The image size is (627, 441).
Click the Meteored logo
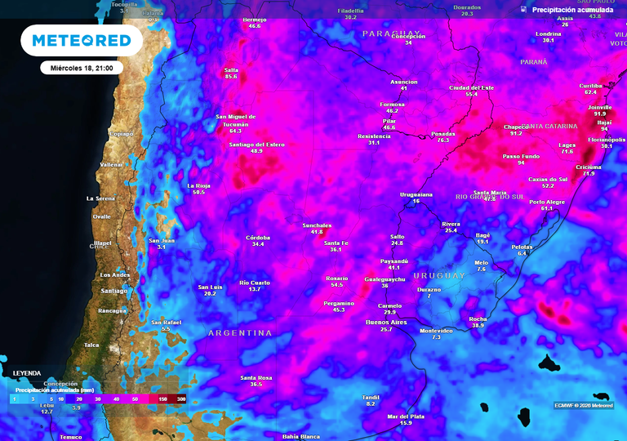pyautogui.click(x=81, y=40)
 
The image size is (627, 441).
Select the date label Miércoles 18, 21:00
pyautogui.click(x=81, y=68)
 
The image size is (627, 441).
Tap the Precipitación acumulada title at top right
pyautogui.click(x=572, y=10)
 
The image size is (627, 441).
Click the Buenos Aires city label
pyautogui.click(x=385, y=323)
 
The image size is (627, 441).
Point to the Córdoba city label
pyautogui.click(x=258, y=238)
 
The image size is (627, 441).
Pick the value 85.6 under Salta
pyautogui.click(x=231, y=77)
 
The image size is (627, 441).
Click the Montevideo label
pyautogui.click(x=435, y=331)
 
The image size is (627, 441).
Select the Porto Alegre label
pyautogui.click(x=546, y=202)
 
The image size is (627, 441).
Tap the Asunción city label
pyautogui.click(x=403, y=82)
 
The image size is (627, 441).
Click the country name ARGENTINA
pyautogui.click(x=240, y=333)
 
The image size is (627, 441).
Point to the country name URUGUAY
pyautogui.click(x=438, y=276)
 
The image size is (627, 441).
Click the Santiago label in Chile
pyautogui.click(x=113, y=291)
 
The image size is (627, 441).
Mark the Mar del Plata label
pyautogui.click(x=406, y=416)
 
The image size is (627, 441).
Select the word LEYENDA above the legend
pyautogui.click(x=26, y=373)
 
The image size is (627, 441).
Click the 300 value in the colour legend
pyautogui.click(x=180, y=399)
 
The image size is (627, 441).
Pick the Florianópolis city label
pyautogui.click(x=606, y=140)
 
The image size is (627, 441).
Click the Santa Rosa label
pyautogui.click(x=256, y=377)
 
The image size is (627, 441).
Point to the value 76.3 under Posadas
pyautogui.click(x=443, y=140)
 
